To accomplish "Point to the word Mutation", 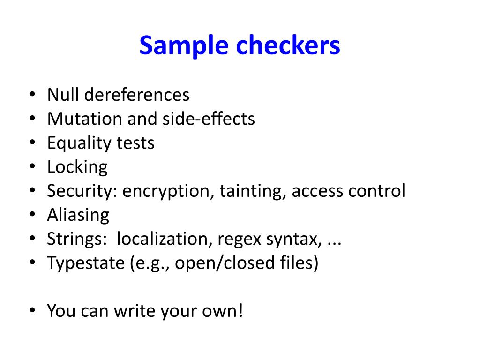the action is click(85, 119).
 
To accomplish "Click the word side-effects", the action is click(209, 119).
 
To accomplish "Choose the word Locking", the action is click(77, 167).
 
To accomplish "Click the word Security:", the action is click(82, 191).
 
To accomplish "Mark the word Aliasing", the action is click(78, 215).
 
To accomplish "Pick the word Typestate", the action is click(85, 263).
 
